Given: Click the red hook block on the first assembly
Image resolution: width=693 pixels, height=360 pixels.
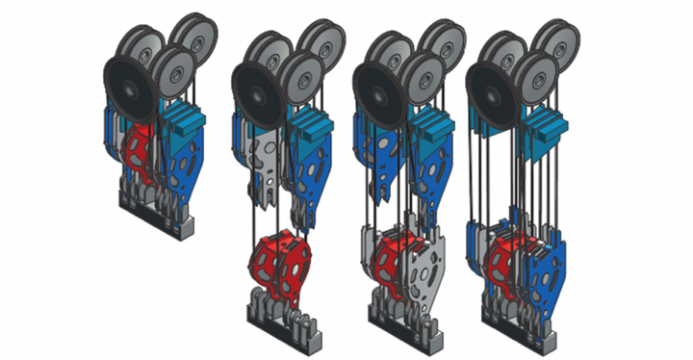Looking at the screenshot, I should point(143,154).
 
